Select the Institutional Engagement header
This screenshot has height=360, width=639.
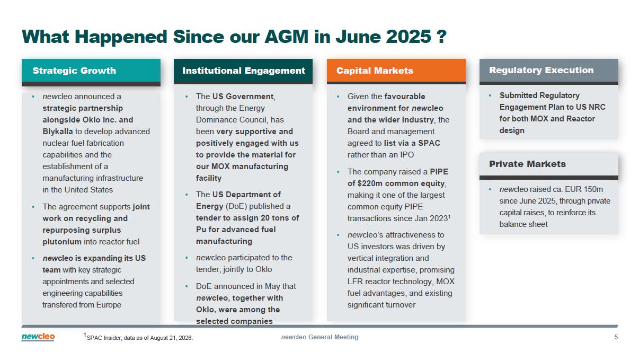243,71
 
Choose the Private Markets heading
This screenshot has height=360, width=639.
527,164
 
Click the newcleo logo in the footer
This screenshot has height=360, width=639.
38,337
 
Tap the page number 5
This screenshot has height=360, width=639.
616,337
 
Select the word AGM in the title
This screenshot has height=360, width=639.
287,37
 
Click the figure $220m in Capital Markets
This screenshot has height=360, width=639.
369,183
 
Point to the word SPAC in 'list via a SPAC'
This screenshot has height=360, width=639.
429,143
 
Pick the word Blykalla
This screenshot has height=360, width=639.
58,131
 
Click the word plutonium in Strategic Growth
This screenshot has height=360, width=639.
62,242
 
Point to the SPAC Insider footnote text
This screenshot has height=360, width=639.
138,337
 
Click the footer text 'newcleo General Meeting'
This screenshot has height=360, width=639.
320,337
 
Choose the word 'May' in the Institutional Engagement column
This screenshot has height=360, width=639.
272,286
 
